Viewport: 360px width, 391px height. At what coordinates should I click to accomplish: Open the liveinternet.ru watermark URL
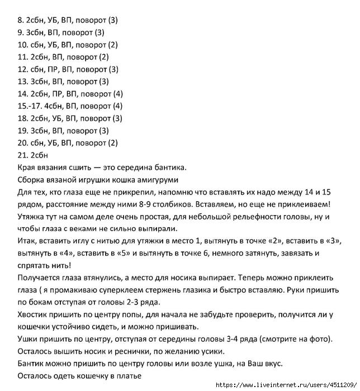pos(285,385)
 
